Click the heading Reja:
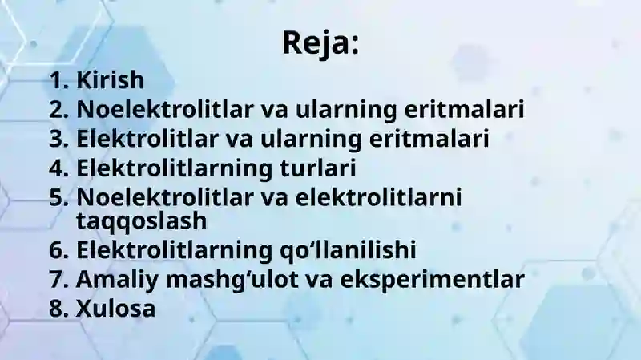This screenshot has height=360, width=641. [x=320, y=42]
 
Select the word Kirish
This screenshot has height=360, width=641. [x=110, y=80]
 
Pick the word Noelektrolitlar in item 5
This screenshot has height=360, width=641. [x=143, y=197]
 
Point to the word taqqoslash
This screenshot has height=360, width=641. [x=141, y=219]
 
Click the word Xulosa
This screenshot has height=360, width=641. [x=115, y=309]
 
